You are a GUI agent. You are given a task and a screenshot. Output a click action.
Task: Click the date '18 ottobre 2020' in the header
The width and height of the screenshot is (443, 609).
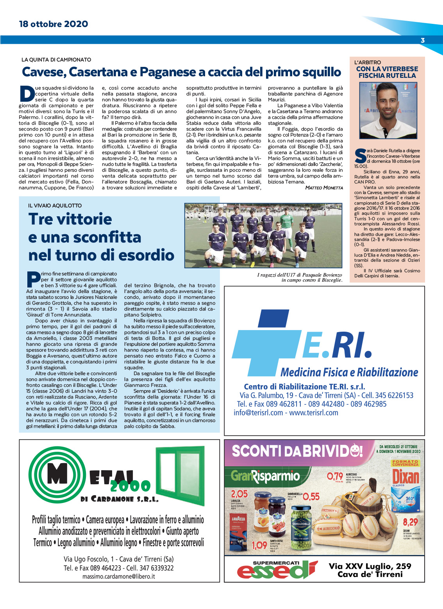(54, 24)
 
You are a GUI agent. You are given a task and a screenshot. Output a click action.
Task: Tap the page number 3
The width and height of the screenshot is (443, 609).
(422, 40)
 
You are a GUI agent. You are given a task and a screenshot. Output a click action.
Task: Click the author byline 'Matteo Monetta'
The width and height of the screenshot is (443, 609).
(324, 188)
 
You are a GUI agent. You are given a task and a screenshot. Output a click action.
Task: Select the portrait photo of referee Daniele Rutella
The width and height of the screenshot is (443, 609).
(388, 110)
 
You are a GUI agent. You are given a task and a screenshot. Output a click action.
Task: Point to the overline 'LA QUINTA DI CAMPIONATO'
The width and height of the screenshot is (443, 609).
(56, 60)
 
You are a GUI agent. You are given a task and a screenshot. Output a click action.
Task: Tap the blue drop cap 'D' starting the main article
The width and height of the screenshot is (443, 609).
(27, 94)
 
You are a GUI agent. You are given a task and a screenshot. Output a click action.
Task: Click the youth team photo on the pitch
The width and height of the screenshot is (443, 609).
(263, 235)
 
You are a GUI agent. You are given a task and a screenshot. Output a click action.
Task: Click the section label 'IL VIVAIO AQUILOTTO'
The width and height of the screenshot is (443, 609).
(55, 205)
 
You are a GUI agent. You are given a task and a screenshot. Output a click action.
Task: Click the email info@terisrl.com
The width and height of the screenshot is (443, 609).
(258, 413)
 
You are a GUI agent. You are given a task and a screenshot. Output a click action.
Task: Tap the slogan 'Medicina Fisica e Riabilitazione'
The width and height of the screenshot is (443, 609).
(349, 372)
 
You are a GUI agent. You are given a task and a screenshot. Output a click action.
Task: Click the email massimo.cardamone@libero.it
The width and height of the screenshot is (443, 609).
(118, 576)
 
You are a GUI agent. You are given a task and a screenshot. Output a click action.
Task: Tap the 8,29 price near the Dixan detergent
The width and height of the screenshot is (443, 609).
(410, 522)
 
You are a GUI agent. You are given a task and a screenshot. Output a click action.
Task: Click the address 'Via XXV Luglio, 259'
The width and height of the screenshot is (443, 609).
(370, 566)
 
